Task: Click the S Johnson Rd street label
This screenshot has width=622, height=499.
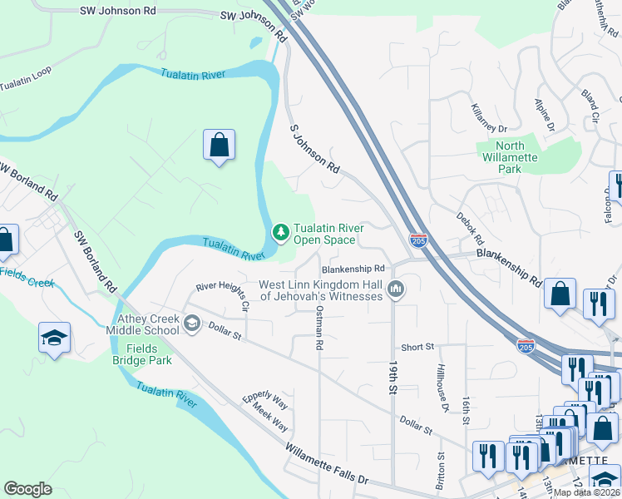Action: [314, 150]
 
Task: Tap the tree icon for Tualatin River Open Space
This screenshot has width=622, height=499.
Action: [281, 232]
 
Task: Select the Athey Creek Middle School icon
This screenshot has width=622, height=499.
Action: [192, 323]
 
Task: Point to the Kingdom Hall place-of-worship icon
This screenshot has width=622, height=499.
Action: [396, 289]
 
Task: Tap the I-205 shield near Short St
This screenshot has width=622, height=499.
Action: [526, 343]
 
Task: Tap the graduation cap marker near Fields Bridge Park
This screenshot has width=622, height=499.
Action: [54, 338]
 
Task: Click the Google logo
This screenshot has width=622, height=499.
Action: [28, 489]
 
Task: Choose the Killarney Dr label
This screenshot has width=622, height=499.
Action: [488, 118]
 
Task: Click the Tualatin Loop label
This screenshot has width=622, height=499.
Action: [25, 79]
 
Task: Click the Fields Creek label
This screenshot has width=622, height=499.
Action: [27, 277]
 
